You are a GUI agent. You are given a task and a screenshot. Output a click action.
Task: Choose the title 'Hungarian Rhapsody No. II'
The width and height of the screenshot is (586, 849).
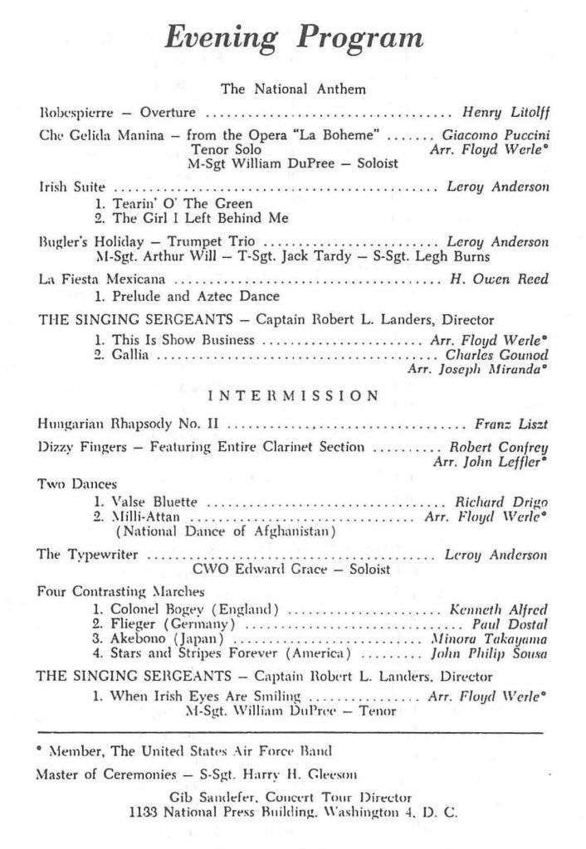click(129, 426)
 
